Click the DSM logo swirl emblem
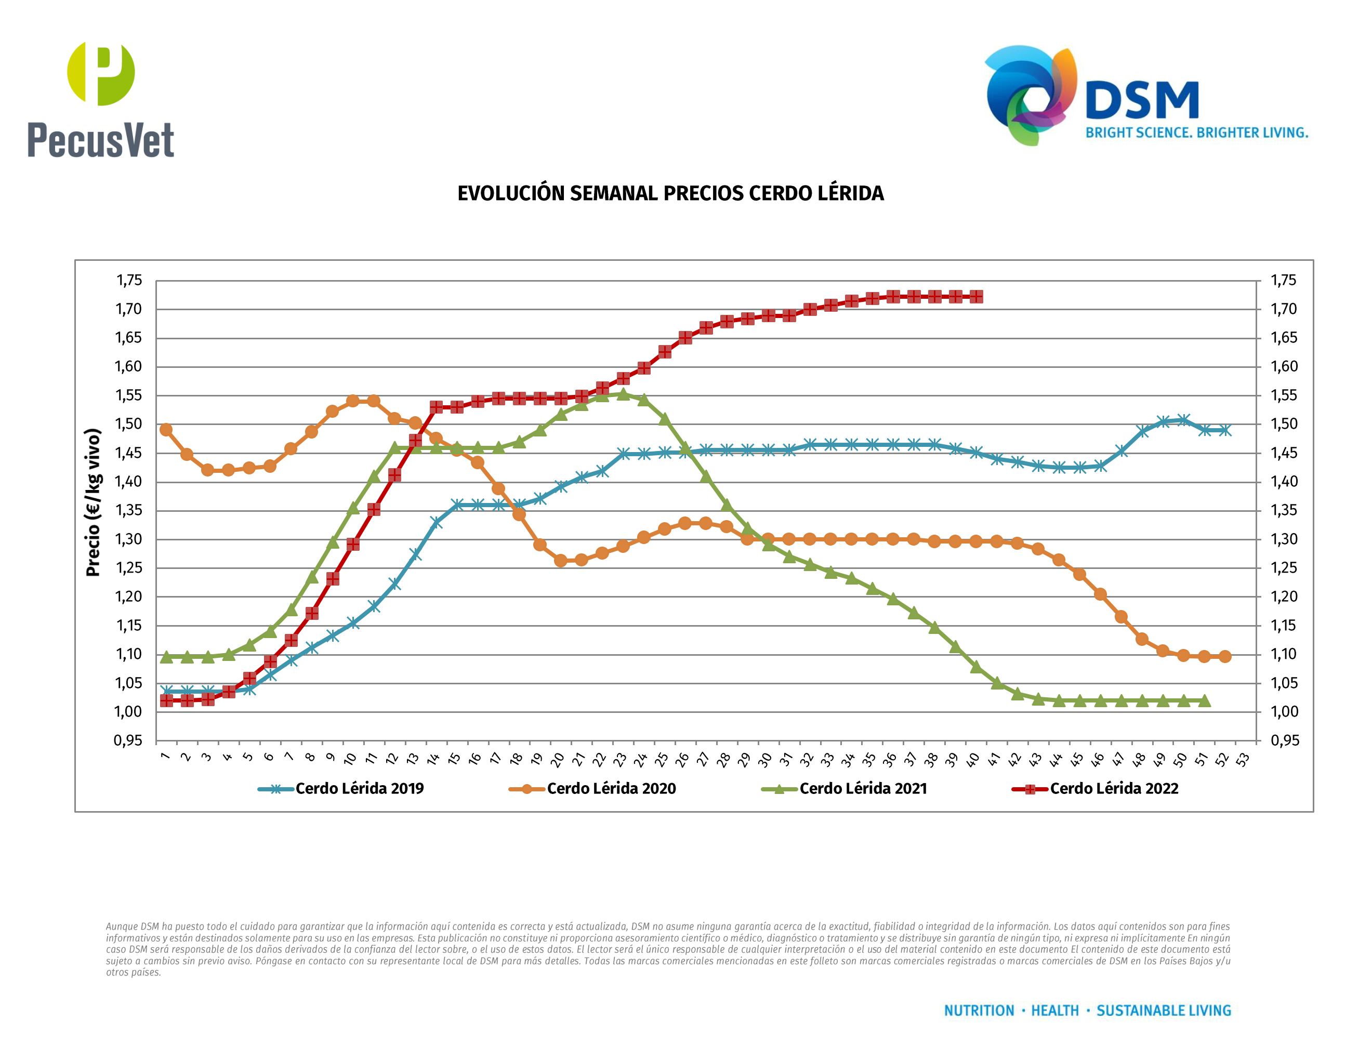coord(1030,94)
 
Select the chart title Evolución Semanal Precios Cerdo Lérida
coord(670,193)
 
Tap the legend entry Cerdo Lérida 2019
coord(359,789)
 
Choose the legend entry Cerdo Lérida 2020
coord(611,789)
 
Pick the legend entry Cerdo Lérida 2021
coord(863,789)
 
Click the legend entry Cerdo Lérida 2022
coord(1114,789)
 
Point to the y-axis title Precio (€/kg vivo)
coord(93,502)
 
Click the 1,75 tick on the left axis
coord(129,280)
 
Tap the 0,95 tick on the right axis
coord(1284,740)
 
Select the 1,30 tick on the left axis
coord(129,539)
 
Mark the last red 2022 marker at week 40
coord(975,296)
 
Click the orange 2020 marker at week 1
coord(166,430)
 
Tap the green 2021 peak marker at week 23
coord(623,394)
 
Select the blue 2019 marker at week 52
coord(1224,430)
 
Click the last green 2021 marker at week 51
coord(1204,701)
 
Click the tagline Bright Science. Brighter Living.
coord(1196,132)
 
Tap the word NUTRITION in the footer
coord(979,1011)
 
